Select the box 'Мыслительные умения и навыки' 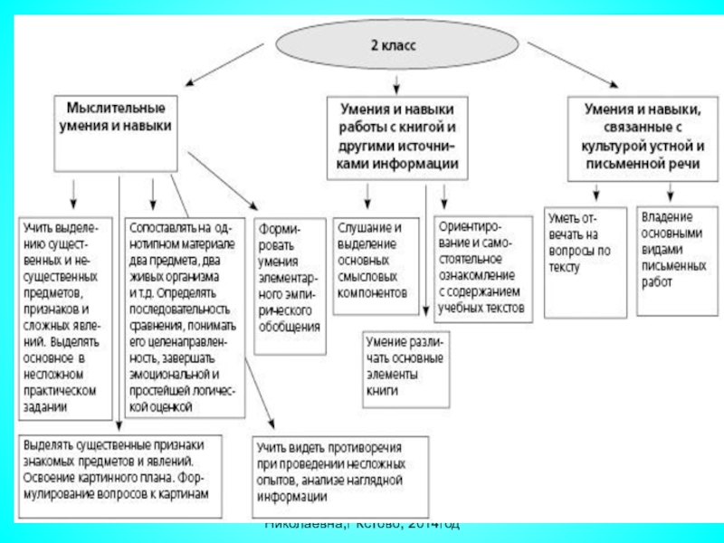[x=113, y=119]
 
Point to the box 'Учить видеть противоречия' [x=340, y=472]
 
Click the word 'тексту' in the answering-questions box [x=567, y=268]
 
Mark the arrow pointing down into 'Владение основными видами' [x=671, y=193]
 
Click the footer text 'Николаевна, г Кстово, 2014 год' [x=362, y=525]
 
